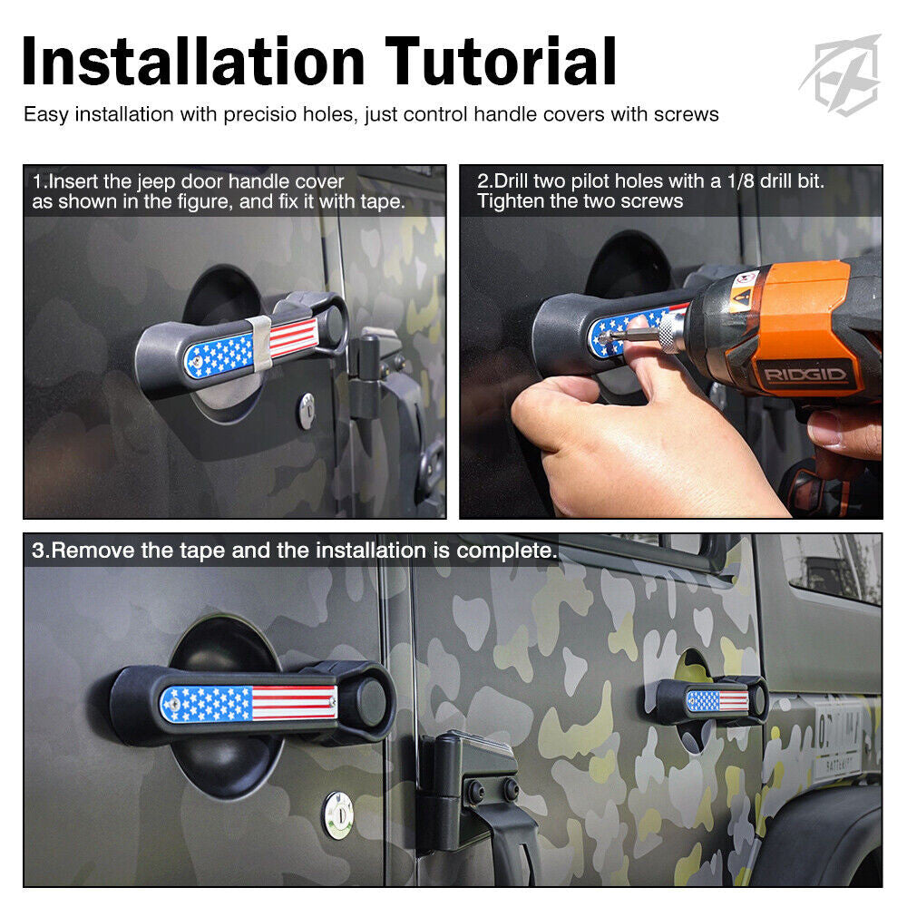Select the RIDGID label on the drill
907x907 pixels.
tap(804, 374)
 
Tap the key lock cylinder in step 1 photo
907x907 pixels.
tap(307, 410)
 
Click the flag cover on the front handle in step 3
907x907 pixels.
tap(249, 703)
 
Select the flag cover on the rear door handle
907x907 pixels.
tap(717, 700)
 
